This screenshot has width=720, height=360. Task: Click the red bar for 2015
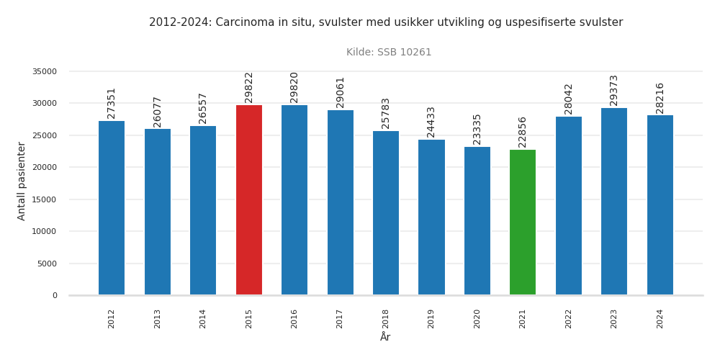249,200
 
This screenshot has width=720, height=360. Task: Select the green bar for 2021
523,222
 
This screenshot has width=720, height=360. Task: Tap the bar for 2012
112,208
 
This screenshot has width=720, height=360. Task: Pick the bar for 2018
386,213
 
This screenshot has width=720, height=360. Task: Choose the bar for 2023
614,202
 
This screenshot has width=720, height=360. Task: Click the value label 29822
249,87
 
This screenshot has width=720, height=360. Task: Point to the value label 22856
523,132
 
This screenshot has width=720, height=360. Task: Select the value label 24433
431,122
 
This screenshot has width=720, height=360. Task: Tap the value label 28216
660,98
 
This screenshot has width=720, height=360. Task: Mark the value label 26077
158,112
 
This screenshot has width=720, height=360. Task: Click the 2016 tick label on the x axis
294,319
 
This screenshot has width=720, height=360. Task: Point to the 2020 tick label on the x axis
477,319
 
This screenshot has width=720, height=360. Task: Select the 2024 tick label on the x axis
660,319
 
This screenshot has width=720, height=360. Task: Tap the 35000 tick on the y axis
45,71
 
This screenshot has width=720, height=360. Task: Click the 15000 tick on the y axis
45,199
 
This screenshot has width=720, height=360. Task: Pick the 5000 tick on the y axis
47,264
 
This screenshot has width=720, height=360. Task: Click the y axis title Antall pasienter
22,181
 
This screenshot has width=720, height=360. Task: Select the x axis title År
385,337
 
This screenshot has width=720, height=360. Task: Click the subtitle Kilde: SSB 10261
389,53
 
